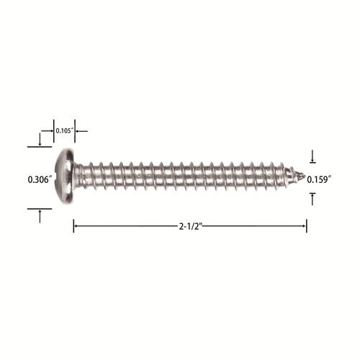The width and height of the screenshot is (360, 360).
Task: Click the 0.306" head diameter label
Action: [40, 179]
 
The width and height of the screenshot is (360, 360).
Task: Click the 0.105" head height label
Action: [64, 131]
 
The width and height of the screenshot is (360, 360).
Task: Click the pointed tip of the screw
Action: [305, 176]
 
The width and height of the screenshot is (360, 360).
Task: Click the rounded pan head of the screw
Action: [65, 176]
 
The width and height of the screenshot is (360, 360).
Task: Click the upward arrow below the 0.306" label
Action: [40, 216]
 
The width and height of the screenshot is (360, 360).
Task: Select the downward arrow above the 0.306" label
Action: [40, 139]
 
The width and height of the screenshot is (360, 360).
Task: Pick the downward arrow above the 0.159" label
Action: [312, 156]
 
